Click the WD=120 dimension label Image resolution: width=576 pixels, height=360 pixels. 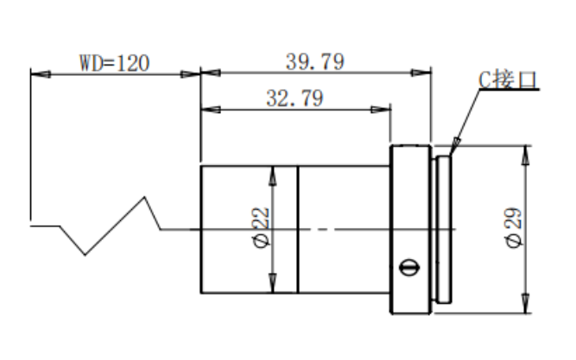(115, 63)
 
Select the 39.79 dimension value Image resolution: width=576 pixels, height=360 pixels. (315, 61)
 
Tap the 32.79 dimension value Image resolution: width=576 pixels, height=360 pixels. (295, 98)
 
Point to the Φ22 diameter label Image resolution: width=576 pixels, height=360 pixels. (262, 228)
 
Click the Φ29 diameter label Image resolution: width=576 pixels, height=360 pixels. (513, 228)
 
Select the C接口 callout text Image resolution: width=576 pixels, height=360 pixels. (508, 79)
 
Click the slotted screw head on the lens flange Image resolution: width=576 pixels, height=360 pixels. (409, 267)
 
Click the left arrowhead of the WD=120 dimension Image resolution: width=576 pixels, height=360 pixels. (41, 74)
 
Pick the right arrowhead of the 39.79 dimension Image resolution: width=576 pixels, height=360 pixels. (421, 73)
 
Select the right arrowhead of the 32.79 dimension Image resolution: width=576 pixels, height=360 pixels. (381, 110)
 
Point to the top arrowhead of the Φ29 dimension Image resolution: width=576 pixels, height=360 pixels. (526, 155)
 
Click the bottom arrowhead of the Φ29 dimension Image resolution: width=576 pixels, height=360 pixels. (526, 304)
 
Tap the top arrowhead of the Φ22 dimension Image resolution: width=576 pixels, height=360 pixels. (273, 175)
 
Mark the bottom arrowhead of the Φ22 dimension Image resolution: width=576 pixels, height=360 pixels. (273, 283)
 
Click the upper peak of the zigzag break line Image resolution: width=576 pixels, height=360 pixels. (144, 197)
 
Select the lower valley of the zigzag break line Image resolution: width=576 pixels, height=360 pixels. (85, 254)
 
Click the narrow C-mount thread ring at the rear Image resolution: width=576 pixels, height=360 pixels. (444, 230)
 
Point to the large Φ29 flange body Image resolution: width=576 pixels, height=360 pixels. (411, 230)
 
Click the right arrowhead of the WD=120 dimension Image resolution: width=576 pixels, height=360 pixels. (190, 74)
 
